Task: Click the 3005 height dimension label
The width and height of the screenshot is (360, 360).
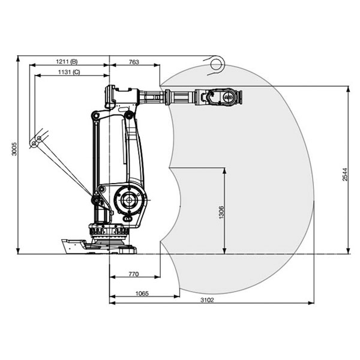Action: tap(14, 149)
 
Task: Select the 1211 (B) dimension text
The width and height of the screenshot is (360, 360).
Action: tap(67, 62)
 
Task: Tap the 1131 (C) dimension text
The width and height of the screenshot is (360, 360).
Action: tap(69, 72)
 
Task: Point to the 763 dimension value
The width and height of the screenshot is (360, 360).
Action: tap(134, 62)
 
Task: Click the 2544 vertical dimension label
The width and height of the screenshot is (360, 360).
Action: tap(345, 175)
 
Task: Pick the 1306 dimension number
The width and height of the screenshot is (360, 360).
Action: tap(221, 212)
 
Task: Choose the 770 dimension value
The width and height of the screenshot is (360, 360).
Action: tap(134, 274)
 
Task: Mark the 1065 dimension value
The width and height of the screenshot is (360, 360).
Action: tap(142, 293)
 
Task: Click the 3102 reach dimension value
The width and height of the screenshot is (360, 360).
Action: tap(207, 300)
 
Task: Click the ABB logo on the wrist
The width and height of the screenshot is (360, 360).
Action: tap(228, 97)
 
